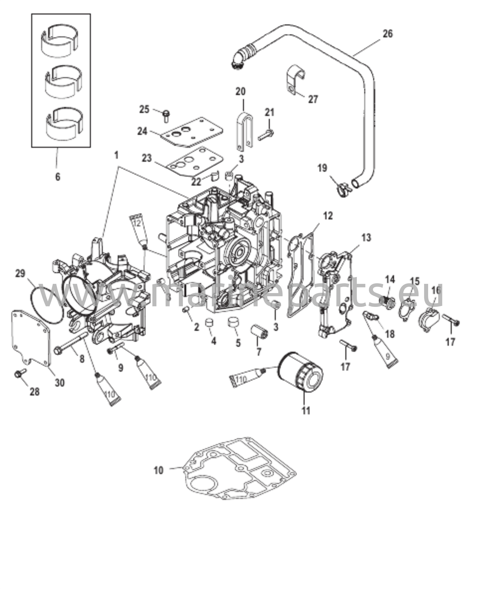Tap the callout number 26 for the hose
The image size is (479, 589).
(388, 34)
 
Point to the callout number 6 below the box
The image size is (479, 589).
(58, 177)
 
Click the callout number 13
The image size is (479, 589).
(366, 238)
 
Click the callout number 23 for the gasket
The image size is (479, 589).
(147, 158)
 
